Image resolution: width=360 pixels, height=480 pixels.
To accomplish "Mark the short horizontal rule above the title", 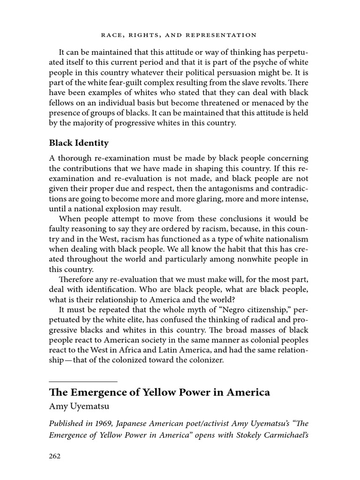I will [x=83, y=382].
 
